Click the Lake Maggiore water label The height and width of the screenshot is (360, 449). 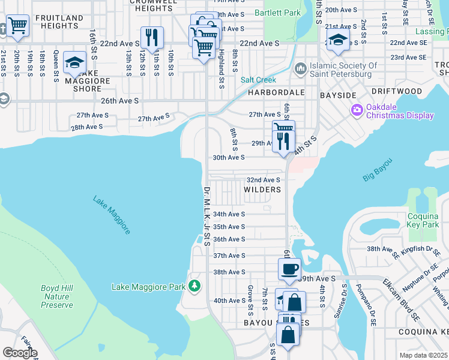[112, 215]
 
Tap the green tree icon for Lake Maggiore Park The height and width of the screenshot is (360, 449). [194, 284]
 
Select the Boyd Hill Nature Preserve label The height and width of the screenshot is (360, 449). [57, 296]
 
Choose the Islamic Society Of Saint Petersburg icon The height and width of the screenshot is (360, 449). [300, 70]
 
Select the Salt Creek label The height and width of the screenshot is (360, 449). [258, 80]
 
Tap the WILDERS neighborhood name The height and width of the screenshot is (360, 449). [262, 190]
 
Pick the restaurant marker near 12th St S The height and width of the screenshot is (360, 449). [152, 37]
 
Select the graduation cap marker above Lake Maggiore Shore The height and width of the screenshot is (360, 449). [75, 62]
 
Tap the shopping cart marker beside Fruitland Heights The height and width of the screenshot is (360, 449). [18, 26]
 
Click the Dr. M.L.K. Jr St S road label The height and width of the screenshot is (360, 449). [206, 216]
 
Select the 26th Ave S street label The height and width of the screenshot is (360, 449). [120, 101]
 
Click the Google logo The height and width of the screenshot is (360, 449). [20, 353]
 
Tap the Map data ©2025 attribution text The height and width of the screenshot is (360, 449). [423, 355]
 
